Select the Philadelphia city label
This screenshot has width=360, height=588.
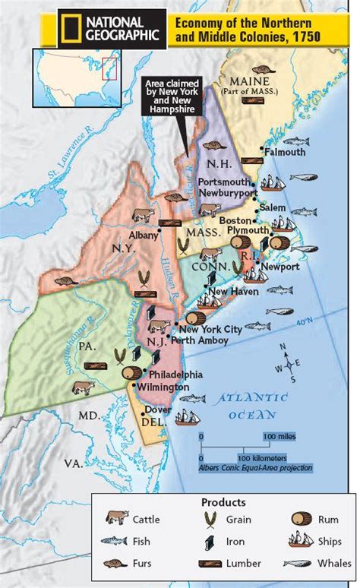(176, 375)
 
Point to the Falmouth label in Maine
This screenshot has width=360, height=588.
(285, 152)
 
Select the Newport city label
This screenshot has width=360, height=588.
(277, 267)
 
